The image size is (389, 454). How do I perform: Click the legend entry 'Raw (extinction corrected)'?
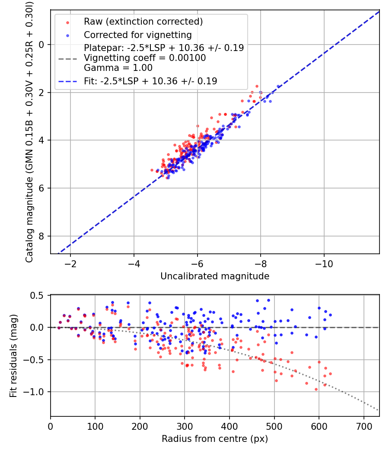143,22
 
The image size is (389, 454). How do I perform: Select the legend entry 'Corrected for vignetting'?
137,35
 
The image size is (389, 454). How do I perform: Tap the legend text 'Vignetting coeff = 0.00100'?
145,58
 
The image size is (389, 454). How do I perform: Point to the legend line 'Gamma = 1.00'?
118,68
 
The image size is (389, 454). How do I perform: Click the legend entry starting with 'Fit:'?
150,81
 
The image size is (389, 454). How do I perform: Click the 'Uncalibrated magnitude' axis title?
215,276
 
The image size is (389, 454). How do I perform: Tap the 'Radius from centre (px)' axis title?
215,439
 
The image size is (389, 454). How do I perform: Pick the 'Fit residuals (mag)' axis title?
13,356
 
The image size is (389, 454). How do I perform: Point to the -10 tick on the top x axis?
324,263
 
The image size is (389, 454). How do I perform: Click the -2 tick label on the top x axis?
70,263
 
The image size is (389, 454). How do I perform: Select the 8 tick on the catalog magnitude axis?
41,236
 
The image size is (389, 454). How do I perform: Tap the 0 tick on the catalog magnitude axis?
41,45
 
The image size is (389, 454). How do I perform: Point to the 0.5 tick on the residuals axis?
39,295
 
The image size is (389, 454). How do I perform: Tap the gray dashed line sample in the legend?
67,58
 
